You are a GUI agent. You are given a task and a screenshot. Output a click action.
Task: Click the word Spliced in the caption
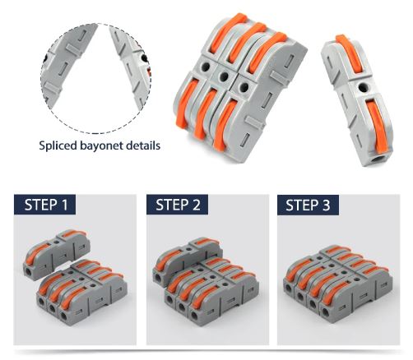(63, 145)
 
